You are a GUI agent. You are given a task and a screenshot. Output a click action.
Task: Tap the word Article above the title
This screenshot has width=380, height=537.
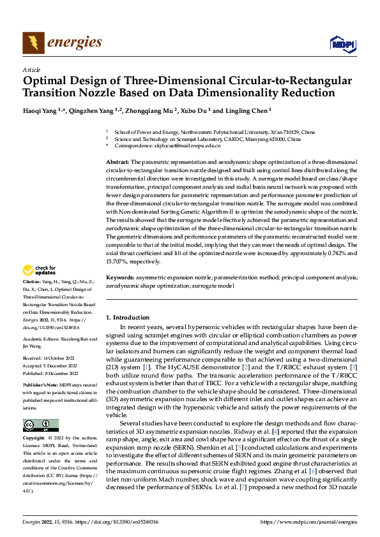31,70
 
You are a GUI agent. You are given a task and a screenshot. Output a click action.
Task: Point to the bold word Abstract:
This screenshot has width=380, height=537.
118,163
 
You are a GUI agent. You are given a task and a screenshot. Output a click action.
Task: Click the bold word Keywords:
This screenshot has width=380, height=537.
119,277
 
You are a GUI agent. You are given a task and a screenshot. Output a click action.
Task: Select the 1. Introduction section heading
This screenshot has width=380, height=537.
127,317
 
